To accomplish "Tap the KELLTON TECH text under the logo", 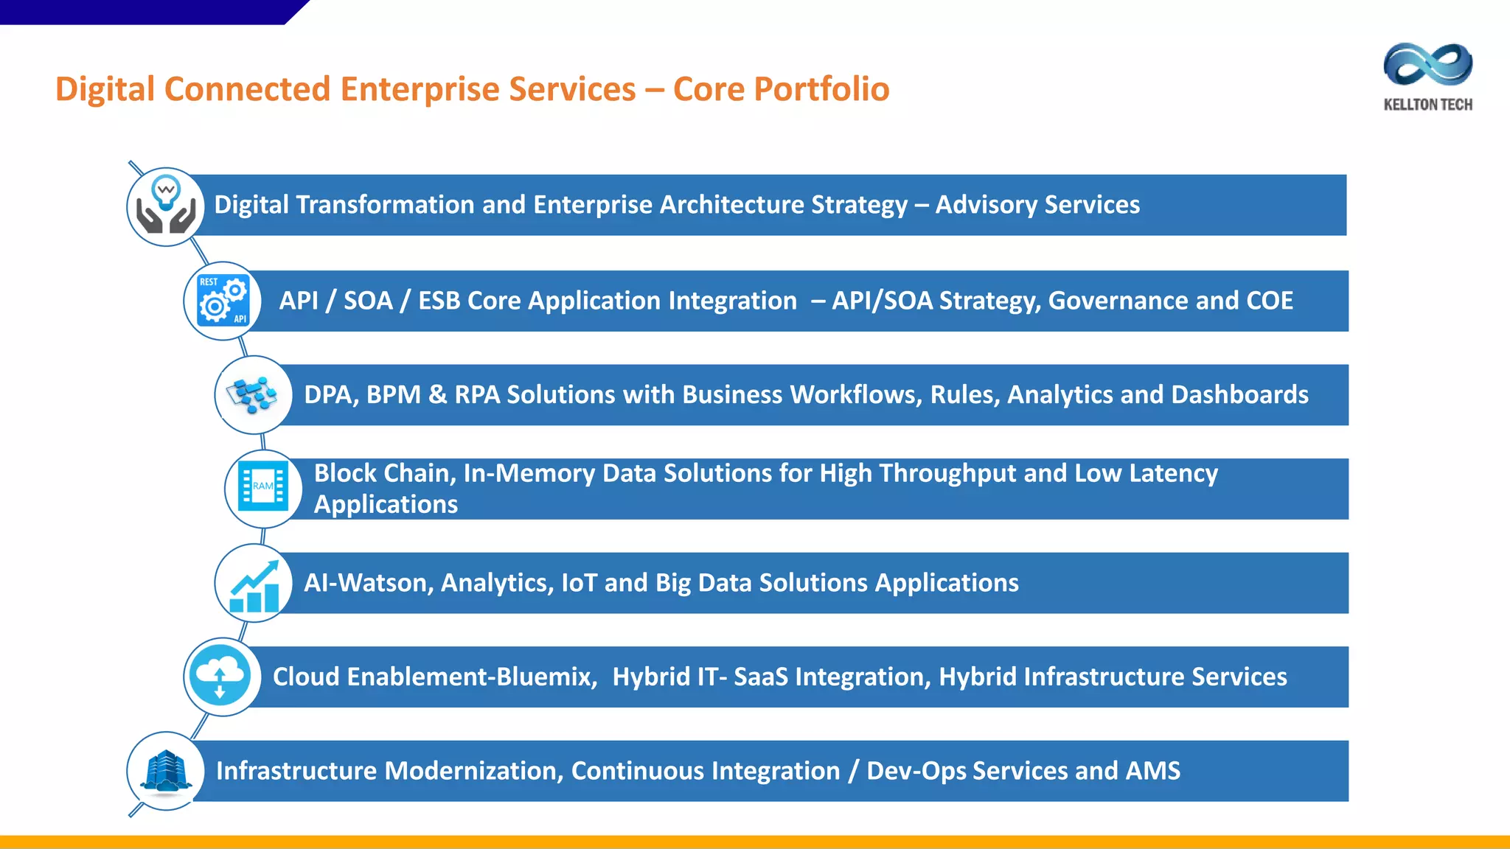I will (x=1427, y=105).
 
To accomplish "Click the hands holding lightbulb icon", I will (x=166, y=206).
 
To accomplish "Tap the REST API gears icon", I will (x=223, y=301).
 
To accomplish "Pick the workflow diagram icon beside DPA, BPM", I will (x=253, y=395).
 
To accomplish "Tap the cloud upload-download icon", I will (x=220, y=677).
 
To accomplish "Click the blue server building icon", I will (x=166, y=771).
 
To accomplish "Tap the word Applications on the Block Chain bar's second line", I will (x=386, y=505).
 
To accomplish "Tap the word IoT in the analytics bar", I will (x=579, y=583).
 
